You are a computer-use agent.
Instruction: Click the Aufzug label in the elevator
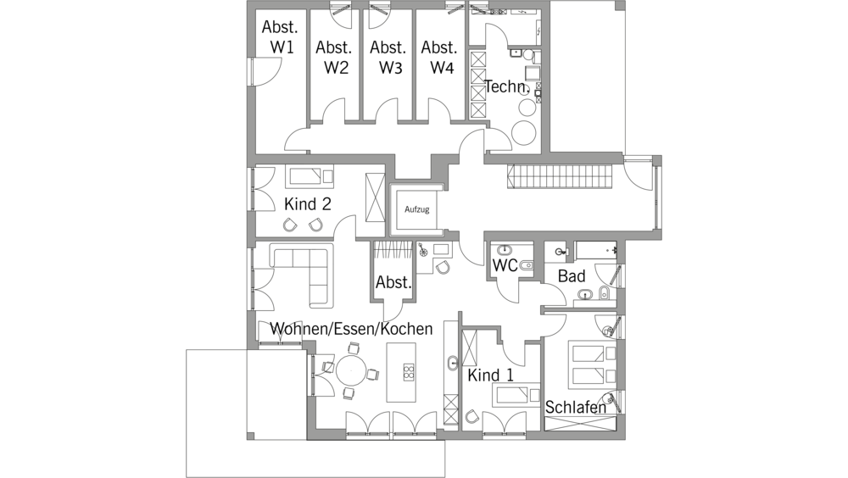(416, 209)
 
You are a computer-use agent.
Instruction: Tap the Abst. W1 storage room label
(280, 36)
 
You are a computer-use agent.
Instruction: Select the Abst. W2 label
(334, 58)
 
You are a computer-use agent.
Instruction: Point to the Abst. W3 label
(388, 58)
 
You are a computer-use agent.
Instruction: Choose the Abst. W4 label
(439, 58)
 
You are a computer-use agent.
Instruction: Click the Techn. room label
(506, 86)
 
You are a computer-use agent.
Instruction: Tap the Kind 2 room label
(307, 204)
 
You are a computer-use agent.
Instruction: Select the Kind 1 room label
(490, 375)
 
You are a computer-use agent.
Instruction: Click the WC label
(505, 265)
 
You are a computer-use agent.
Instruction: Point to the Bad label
(572, 276)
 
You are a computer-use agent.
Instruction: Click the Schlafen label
(576, 407)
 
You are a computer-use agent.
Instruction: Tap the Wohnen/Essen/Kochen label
(351, 329)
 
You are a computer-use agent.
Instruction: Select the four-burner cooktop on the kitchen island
(409, 372)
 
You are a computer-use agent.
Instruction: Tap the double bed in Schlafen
(593, 364)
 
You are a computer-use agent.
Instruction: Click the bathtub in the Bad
(596, 251)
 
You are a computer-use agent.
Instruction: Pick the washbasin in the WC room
(505, 250)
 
